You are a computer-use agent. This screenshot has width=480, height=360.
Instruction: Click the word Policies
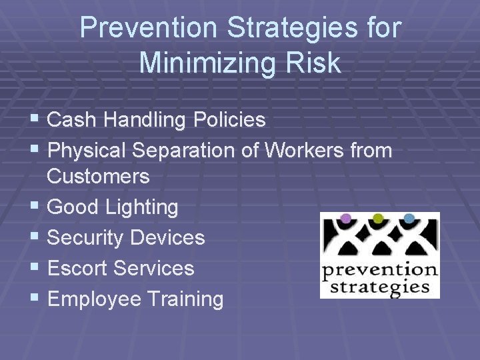(x=229, y=120)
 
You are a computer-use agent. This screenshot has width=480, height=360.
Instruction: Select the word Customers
(x=99, y=177)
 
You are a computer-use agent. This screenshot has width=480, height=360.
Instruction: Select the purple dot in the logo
(x=345, y=219)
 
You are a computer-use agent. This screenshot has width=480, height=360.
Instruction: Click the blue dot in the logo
(x=409, y=219)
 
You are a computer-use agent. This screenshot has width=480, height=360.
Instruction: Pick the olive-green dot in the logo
(x=377, y=219)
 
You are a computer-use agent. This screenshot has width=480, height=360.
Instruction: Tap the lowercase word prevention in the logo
(x=379, y=271)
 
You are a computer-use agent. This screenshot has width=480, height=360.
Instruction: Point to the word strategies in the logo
(x=380, y=287)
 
